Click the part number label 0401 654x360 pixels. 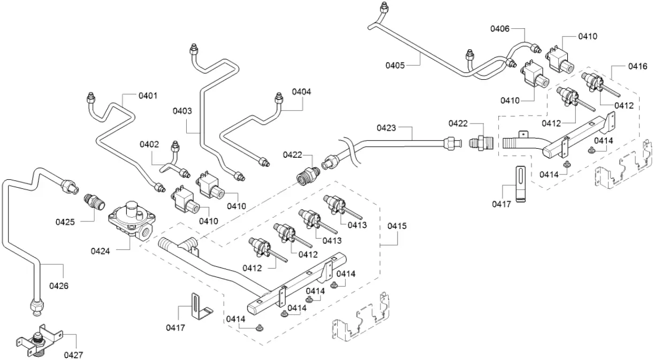[148, 96]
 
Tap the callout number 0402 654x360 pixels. [150, 144]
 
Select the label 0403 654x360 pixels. [182, 111]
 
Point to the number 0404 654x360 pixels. [301, 91]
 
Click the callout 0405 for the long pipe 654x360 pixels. [395, 65]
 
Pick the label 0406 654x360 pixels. [500, 29]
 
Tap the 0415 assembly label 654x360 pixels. [397, 226]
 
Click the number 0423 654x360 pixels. [386, 128]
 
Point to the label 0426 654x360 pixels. [59, 286]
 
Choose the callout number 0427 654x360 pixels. [74, 354]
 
